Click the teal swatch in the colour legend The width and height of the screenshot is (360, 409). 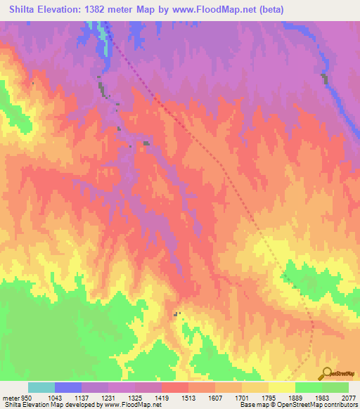point(41,387)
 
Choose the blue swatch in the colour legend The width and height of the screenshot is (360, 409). point(68,387)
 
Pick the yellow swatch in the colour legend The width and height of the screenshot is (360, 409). point(281,387)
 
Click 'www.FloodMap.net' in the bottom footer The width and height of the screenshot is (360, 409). point(136,405)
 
